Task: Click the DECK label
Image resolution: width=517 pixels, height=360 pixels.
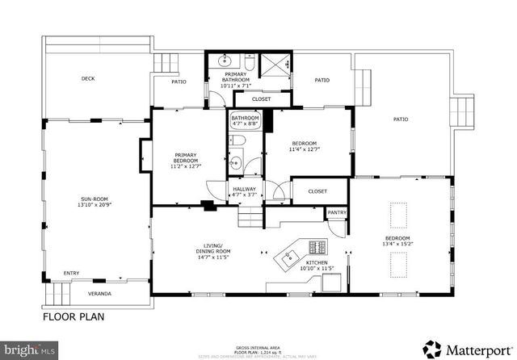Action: pos(88,79)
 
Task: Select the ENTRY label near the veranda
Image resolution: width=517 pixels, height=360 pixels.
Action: pos(71,273)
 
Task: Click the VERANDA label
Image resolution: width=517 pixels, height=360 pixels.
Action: pos(99,293)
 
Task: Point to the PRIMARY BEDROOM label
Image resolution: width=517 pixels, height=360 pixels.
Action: pos(186,159)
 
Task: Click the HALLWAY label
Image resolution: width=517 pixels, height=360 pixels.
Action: pos(244,191)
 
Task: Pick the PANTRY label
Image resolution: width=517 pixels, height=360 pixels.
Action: pos(336,213)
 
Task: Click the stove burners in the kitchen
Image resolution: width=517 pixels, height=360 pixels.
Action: pos(317,246)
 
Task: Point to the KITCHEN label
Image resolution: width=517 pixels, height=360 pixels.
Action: pos(317,262)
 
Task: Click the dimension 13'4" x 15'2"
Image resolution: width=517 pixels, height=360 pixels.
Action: pos(399,243)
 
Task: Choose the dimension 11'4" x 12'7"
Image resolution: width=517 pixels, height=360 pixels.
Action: pos(305,149)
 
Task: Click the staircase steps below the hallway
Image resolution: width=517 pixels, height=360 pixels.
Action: pos(250,216)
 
